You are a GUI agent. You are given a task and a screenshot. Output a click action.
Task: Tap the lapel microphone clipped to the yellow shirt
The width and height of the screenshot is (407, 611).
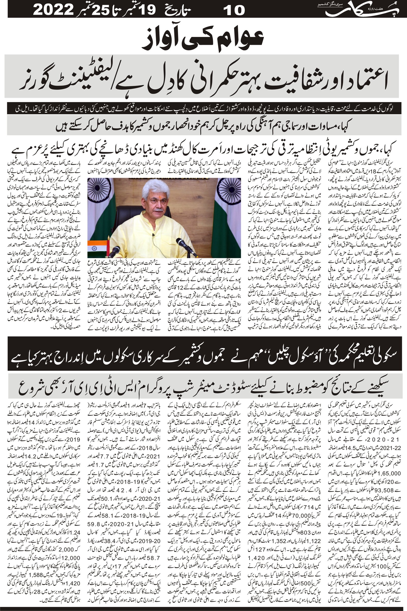154,235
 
